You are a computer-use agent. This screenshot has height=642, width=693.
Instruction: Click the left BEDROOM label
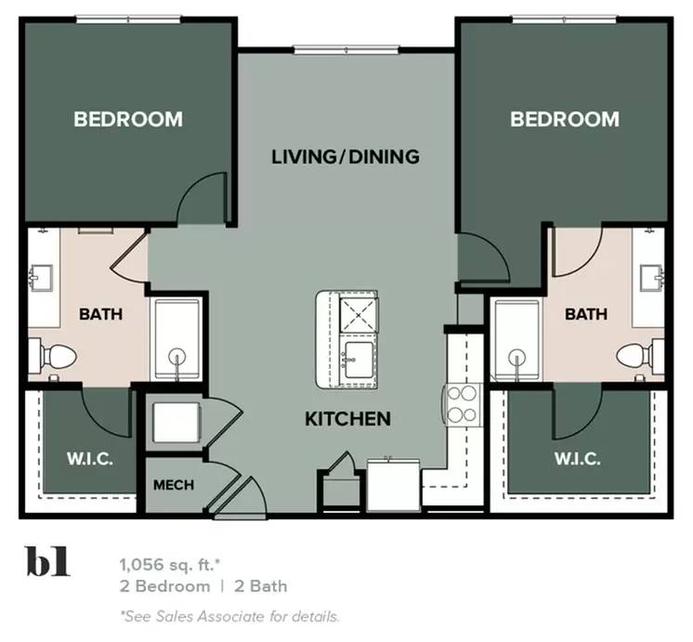coord(128,119)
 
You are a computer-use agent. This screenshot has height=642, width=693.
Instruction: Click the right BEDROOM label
coord(564,119)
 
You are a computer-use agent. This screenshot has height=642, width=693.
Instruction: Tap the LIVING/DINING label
coord(346,156)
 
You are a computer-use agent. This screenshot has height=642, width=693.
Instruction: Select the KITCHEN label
coord(347,419)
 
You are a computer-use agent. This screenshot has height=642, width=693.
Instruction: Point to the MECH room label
coord(172,485)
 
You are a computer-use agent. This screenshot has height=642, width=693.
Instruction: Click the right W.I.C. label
coord(577,459)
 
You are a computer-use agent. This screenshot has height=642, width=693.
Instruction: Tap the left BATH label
coord(100,314)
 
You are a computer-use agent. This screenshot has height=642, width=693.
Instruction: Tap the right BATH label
coord(586,314)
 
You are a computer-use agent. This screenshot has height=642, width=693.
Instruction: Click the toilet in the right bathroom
coord(637,354)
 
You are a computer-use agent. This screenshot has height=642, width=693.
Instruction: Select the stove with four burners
coord(462,403)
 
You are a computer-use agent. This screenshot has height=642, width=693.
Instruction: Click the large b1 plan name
coord(47,564)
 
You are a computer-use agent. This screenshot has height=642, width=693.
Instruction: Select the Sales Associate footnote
coord(229,615)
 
